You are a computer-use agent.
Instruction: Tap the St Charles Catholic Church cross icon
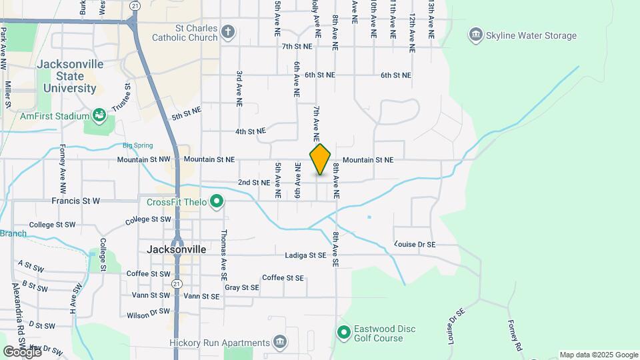click(x=228, y=31)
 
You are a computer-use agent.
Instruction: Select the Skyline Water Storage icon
click(x=475, y=35)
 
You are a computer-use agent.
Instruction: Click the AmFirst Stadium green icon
click(x=99, y=116)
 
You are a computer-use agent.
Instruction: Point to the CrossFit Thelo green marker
click(x=216, y=201)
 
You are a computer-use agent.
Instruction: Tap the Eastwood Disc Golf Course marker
click(x=343, y=332)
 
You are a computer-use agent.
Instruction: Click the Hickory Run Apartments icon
click(x=280, y=343)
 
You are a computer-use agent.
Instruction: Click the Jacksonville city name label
click(x=176, y=249)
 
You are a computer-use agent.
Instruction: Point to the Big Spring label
click(x=137, y=145)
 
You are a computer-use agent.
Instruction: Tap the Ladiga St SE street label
click(x=305, y=255)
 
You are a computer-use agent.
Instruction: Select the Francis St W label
click(x=75, y=200)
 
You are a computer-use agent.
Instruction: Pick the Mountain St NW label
click(x=143, y=160)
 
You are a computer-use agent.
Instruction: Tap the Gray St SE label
click(x=241, y=287)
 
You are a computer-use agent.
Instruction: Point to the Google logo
click(x=21, y=351)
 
